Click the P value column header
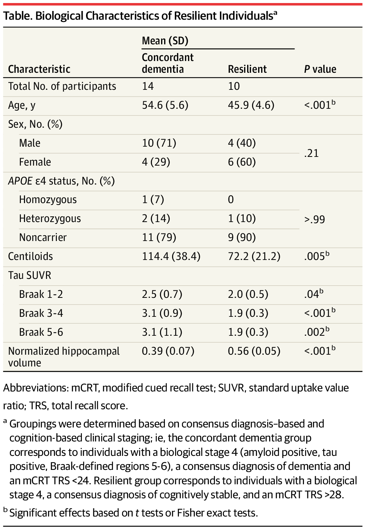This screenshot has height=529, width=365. [x=320, y=69]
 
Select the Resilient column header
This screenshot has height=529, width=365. [x=247, y=69]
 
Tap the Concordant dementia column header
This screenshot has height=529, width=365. [x=168, y=63]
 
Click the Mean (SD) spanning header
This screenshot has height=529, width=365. [x=165, y=41]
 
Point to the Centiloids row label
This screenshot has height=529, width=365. [x=30, y=256]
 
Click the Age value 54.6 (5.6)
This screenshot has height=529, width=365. [x=165, y=105]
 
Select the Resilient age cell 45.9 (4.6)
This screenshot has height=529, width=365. [x=251, y=105]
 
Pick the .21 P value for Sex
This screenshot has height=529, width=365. [x=311, y=153]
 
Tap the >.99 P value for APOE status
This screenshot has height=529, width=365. [x=315, y=219]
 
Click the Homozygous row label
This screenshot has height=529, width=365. [x=48, y=200]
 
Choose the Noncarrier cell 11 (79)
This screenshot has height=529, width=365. [x=159, y=238]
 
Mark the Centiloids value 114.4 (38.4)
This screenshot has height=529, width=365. [x=171, y=256]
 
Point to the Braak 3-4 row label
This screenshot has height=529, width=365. [x=41, y=313]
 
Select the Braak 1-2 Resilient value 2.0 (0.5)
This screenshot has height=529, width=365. [x=248, y=294]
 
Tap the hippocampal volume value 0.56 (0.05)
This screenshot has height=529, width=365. [x=254, y=351]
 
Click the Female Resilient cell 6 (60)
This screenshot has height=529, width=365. [x=242, y=162]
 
